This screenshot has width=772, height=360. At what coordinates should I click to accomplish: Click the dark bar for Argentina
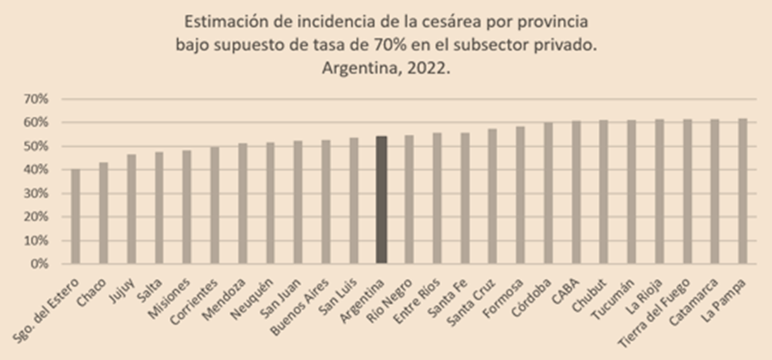(x=382, y=200)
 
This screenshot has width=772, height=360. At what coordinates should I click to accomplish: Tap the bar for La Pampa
(x=743, y=191)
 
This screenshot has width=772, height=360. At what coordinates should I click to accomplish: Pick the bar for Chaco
(x=104, y=213)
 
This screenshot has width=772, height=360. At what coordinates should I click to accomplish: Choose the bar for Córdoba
(x=549, y=193)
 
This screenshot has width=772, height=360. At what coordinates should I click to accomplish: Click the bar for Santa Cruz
(x=493, y=196)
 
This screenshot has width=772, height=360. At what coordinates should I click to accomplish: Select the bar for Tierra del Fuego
(x=687, y=191)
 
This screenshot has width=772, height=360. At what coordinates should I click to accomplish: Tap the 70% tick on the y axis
(x=36, y=98)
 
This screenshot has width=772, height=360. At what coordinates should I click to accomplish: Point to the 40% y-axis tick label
(x=36, y=169)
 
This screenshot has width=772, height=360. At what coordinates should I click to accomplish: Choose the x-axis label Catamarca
(x=696, y=297)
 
